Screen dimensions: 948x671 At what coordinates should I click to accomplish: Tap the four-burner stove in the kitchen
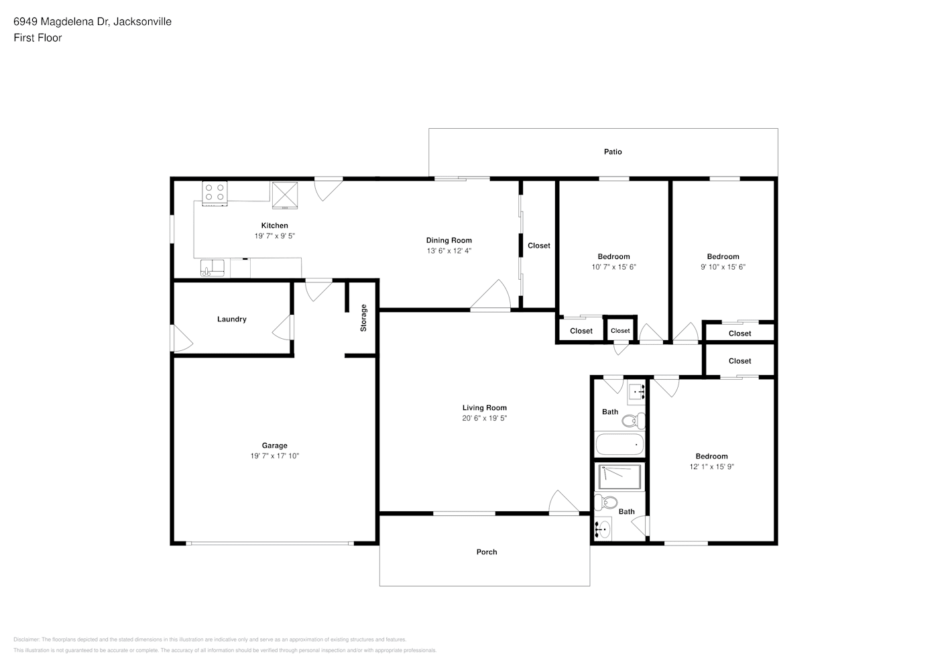click(215, 194)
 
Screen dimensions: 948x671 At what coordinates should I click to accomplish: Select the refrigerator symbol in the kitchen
click(285, 195)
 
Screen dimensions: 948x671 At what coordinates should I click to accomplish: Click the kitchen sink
click(213, 268)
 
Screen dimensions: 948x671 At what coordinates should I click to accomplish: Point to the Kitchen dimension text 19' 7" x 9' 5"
click(274, 236)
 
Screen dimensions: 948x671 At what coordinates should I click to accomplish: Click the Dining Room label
click(449, 240)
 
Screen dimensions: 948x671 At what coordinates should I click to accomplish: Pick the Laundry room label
click(231, 319)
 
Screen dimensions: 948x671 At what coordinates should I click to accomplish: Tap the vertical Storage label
click(363, 317)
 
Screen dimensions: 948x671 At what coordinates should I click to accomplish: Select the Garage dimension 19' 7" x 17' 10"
click(274, 456)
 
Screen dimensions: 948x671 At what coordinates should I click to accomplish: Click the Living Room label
click(484, 407)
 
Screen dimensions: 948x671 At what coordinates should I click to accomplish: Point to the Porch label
click(487, 552)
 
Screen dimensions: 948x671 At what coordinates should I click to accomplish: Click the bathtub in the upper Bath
click(619, 444)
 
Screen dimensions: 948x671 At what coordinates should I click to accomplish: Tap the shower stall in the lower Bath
click(619, 477)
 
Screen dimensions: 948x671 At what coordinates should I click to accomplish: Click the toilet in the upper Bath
click(634, 421)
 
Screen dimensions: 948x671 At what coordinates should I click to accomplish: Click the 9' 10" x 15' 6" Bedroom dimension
click(723, 267)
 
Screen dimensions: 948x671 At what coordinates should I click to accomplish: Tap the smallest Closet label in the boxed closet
click(620, 330)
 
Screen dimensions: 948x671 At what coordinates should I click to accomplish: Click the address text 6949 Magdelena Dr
click(62, 21)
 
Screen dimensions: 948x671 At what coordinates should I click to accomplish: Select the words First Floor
click(38, 38)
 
